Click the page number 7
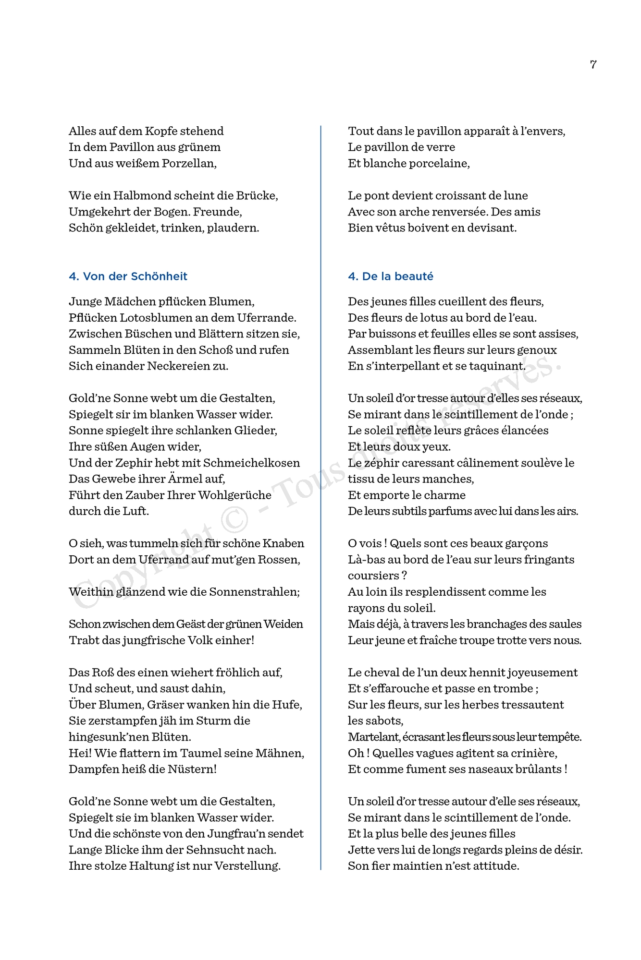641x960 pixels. tap(593, 64)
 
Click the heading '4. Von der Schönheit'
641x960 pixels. tap(128, 276)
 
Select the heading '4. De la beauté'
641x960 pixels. tap(390, 276)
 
